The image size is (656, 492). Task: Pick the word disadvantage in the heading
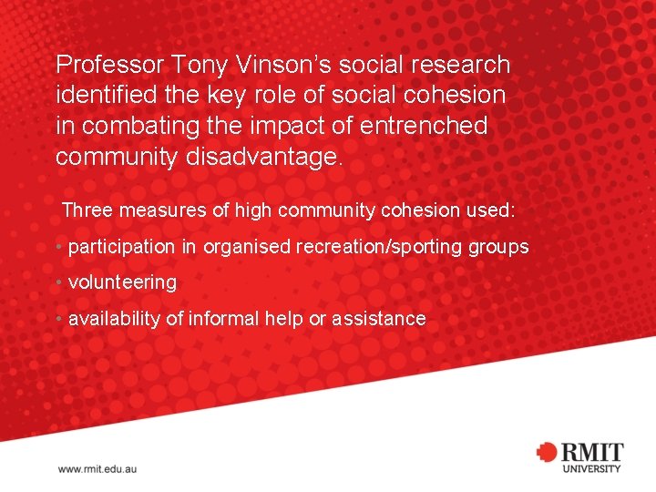(263, 157)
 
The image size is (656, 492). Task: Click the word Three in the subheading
(87, 211)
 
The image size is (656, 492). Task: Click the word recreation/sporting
(381, 247)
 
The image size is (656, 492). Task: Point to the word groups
(498, 247)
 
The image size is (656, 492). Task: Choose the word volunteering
(122, 282)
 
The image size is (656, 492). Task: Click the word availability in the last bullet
(117, 319)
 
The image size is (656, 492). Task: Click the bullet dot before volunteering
(58, 282)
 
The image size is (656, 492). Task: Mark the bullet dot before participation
(58, 247)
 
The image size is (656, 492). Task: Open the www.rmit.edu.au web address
(97, 468)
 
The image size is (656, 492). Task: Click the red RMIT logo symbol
(547, 452)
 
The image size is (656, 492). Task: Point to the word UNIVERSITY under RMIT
(591, 468)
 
